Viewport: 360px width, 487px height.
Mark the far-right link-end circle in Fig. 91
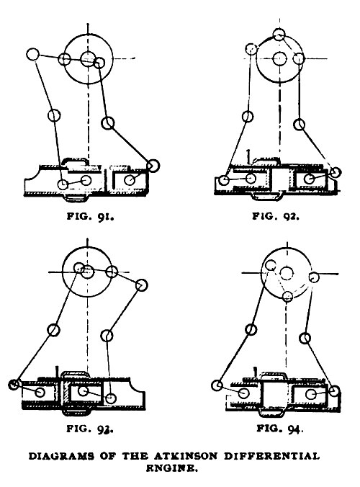tap(153, 166)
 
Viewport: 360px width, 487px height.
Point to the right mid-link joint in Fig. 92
tap(300, 125)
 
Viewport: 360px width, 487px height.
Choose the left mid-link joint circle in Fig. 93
tap(53, 329)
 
